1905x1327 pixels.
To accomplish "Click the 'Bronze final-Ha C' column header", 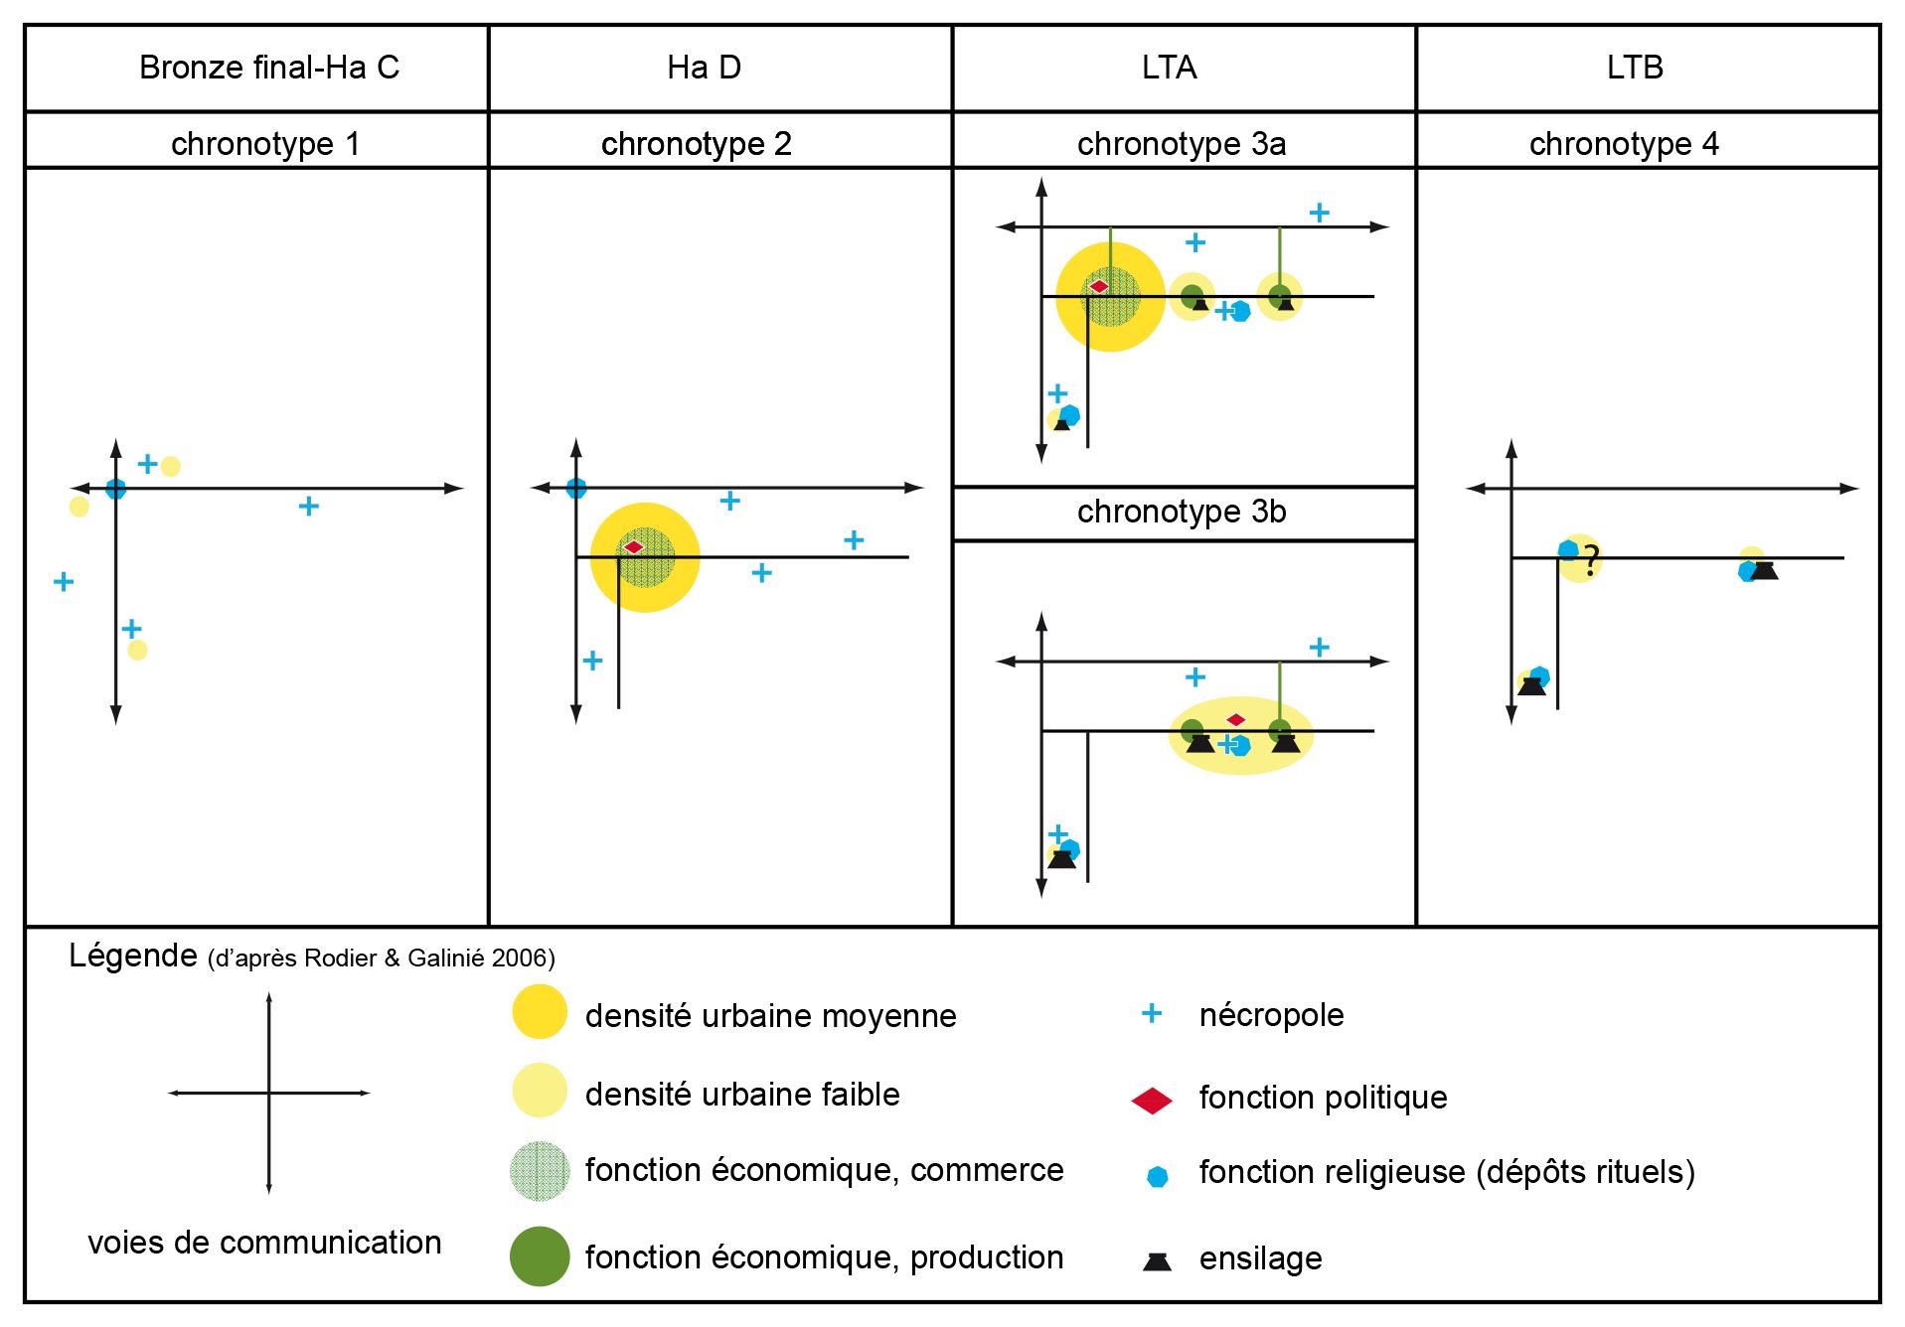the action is coord(268,68).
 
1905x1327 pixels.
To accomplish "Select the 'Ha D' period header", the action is coord(704,68).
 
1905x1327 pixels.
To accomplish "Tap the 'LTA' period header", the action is coord(1169,68).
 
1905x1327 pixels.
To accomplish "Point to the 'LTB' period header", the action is coord(1634,68).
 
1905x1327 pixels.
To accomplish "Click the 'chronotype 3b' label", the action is coord(1182,512).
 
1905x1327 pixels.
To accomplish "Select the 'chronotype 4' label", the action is coord(1624,144).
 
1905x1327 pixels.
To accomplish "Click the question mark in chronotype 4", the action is coord(1591,560).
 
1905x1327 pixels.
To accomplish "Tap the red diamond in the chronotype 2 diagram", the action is coord(634,547).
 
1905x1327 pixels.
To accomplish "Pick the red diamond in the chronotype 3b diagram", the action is coord(1235,719).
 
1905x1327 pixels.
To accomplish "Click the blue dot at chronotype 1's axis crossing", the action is coord(116,489).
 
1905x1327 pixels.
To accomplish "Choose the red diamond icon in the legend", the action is coord(1153,1101).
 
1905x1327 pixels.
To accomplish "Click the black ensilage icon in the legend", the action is coord(1157,1261).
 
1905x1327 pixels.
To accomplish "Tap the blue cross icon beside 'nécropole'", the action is coord(1152,1013).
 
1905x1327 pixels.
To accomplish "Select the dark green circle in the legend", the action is coord(540,1256).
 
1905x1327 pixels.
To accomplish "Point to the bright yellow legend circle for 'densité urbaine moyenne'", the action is coord(540,1012).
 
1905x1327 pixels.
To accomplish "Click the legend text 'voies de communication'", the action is coord(264,1243).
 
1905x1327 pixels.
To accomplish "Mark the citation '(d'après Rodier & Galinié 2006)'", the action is coord(382,958).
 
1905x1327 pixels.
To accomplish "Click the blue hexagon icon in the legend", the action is coord(1157,1177).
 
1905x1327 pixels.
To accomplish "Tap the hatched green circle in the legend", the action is coord(540,1172).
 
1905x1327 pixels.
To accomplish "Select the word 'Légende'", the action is coord(133,956).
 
